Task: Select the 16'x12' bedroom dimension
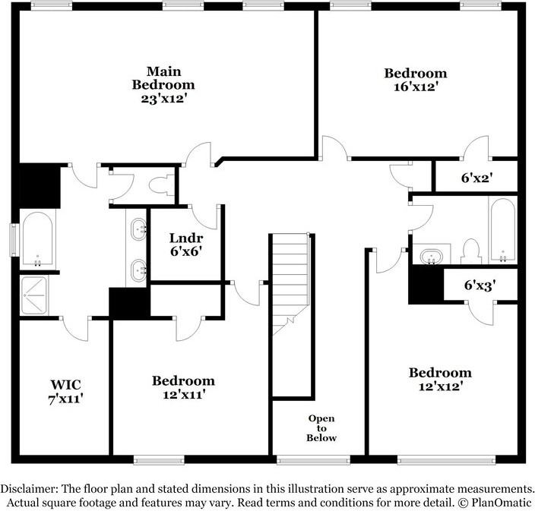[x=415, y=87]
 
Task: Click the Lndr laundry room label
[x=185, y=236]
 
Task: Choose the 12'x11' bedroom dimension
[x=182, y=394]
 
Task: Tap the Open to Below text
[x=321, y=428]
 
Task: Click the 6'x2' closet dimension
[x=476, y=179]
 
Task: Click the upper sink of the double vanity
[x=138, y=228]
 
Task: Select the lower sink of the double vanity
[x=138, y=268]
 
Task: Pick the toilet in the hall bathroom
[x=470, y=251]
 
